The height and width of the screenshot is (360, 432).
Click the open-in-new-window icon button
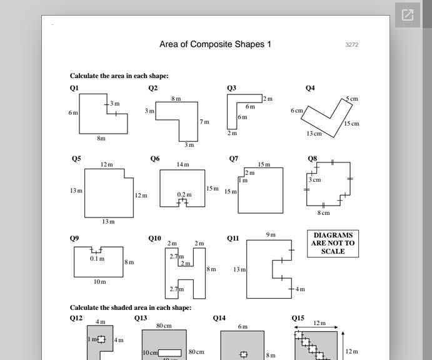coord(408,15)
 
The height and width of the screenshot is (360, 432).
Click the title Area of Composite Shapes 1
coord(215,44)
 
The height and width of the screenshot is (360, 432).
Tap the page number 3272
coord(352,45)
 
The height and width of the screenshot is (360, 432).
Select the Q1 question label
coord(74,88)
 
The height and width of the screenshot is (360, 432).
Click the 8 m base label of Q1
coord(101,138)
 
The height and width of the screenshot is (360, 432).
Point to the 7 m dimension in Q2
coord(204,122)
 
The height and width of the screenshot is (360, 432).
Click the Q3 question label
coord(231,88)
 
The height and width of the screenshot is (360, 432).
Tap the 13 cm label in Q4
coord(314,134)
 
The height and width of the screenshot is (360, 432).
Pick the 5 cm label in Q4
coord(353,99)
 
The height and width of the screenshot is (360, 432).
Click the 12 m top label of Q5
coord(107,164)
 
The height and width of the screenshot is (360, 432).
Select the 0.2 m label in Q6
coord(184,194)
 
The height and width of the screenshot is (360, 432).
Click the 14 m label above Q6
coord(183,164)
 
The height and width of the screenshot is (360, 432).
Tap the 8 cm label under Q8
coord(323,213)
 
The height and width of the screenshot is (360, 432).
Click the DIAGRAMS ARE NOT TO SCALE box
coord(333,243)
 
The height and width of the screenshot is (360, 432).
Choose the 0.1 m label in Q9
coord(97,258)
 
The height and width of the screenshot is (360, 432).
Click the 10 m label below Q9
coord(100,282)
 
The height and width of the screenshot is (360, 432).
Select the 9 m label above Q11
coord(271,235)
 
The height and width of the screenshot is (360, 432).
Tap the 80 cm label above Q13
coord(164,326)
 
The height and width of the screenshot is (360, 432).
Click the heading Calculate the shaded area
coord(131,307)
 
